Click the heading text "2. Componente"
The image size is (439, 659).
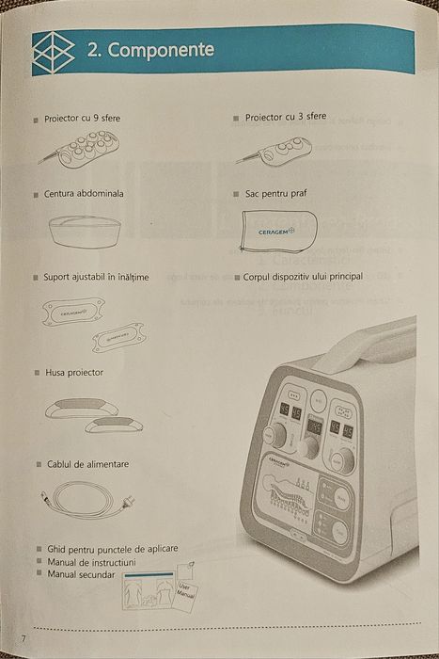[151, 50]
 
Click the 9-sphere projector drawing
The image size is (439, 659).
[86, 149]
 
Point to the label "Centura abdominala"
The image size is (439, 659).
[84, 194]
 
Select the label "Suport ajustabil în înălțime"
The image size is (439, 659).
[96, 278]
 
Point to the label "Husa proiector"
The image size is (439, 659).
[74, 373]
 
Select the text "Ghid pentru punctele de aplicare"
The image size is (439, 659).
[112, 548]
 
